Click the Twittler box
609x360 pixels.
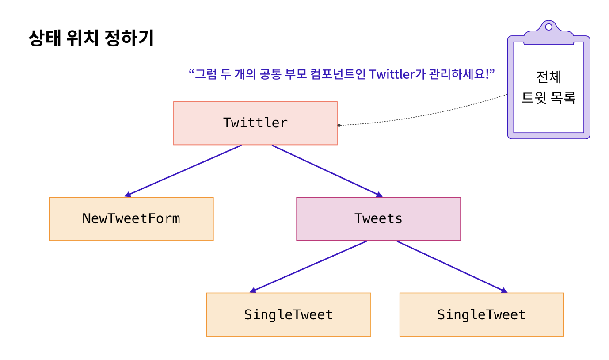click(255, 123)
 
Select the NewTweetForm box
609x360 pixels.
click(131, 219)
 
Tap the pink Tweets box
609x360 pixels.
click(378, 219)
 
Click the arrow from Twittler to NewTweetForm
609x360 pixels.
click(183, 170)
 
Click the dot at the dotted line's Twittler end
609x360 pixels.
click(339, 125)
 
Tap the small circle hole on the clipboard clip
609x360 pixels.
click(548, 27)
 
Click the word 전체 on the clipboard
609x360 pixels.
click(548, 77)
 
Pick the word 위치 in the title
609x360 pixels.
click(82, 39)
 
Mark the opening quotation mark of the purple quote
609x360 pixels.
click(192, 71)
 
